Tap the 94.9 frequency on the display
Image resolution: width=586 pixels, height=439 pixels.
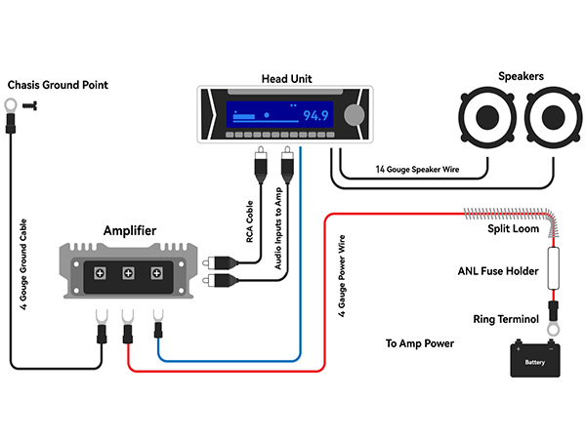315,115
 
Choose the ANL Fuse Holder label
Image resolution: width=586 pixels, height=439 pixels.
498,271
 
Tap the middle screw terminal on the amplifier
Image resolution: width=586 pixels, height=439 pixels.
128,273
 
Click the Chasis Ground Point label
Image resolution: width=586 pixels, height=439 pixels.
58,86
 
